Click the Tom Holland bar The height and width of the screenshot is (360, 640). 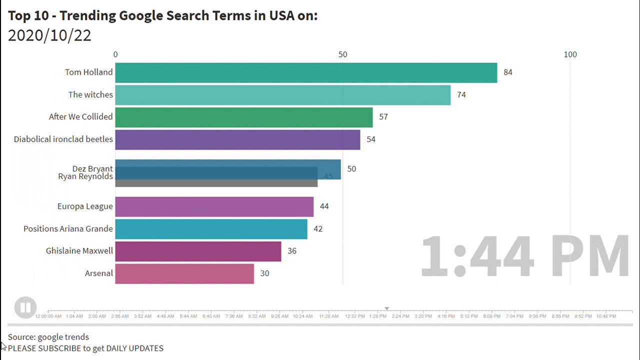point(306,72)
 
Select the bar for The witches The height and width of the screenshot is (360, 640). point(282,95)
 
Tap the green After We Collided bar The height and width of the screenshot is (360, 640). point(243,117)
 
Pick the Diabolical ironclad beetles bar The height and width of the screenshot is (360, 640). point(237,139)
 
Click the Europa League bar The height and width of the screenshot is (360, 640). point(214,206)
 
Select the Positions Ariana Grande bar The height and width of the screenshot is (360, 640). point(211,229)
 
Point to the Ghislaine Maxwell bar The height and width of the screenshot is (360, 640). point(198,251)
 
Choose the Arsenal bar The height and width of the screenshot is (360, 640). point(184,273)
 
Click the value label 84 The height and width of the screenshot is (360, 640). point(507,72)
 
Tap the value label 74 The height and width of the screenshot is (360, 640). point(461,95)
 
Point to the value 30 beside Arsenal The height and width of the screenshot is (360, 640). point(264,273)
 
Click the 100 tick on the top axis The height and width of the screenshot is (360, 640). point(570,54)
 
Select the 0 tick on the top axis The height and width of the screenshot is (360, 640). point(115,54)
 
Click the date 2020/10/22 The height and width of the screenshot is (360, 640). point(49,35)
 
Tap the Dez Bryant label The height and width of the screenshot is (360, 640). point(92,168)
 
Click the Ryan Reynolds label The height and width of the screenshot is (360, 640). point(85,176)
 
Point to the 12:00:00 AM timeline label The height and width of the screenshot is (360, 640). point(48,316)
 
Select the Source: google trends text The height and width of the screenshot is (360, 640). point(48,337)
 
